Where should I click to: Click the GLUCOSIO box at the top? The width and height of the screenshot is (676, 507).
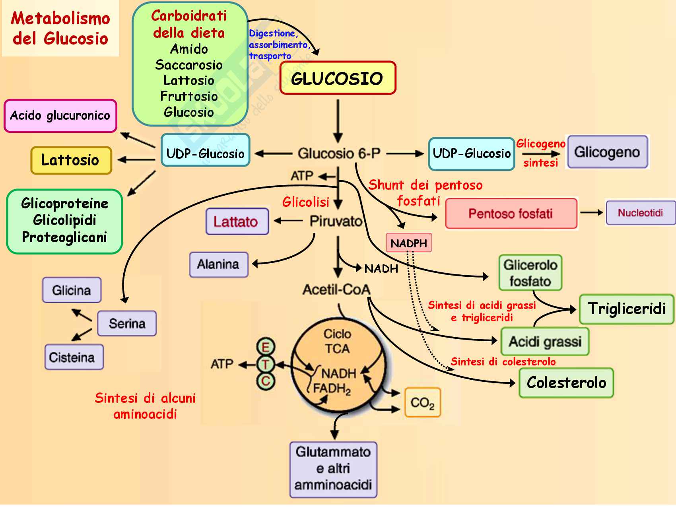click(338, 78)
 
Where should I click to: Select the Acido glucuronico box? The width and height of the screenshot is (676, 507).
click(60, 116)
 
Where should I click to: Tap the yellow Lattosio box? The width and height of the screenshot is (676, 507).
click(71, 160)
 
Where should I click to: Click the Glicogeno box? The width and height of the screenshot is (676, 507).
click(607, 152)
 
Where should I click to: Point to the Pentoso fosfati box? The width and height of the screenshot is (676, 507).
click(511, 214)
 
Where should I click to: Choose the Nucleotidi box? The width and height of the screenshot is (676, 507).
click(640, 213)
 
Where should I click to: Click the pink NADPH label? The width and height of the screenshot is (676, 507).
click(409, 243)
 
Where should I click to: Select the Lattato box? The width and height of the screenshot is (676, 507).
click(237, 221)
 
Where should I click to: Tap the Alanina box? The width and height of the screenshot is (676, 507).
click(218, 264)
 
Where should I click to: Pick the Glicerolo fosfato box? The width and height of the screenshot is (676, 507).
click(530, 273)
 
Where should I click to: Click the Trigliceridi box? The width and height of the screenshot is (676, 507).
click(626, 309)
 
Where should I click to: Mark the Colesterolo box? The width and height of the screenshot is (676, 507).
click(566, 383)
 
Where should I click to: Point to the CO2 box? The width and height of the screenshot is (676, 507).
click(422, 403)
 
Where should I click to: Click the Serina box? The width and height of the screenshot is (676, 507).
click(127, 323)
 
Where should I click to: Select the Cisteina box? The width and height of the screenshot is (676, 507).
click(74, 357)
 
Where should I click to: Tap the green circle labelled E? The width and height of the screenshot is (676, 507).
click(266, 347)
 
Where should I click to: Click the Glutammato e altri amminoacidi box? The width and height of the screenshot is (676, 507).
click(333, 469)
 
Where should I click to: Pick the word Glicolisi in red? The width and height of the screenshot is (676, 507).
click(305, 202)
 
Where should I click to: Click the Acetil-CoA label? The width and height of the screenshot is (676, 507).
click(336, 289)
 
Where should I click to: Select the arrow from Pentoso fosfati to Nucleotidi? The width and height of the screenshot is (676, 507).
click(592, 213)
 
